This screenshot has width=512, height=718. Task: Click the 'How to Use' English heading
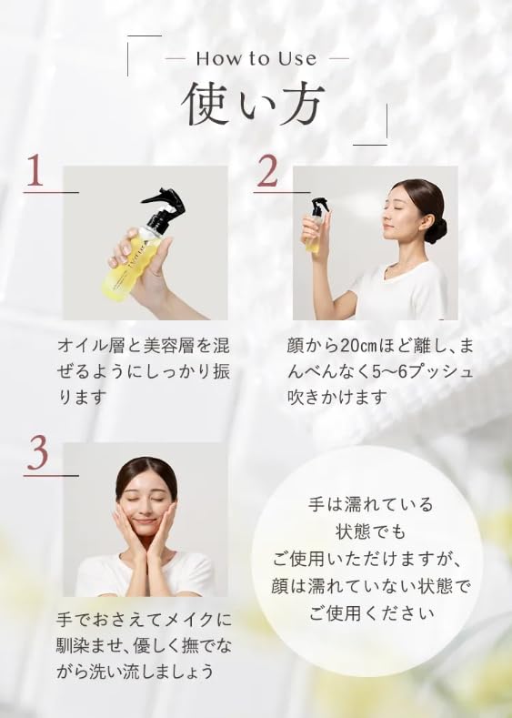256,58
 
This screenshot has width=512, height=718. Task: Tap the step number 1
35,172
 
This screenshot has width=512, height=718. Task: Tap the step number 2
266,172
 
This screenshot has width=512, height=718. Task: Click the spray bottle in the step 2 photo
315,224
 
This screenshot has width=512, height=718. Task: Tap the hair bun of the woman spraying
437,228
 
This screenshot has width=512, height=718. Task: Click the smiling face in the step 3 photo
146,505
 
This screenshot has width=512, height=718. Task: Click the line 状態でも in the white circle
366,531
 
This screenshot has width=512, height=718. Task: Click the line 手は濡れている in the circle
366,504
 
